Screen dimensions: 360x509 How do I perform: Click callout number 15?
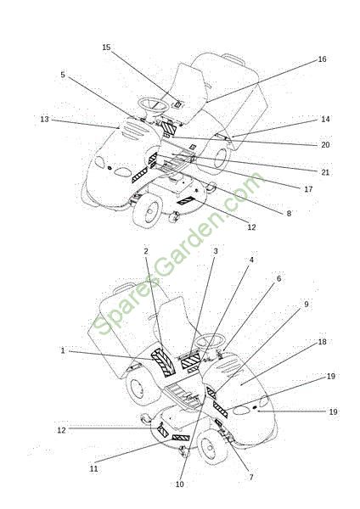coord(106,48)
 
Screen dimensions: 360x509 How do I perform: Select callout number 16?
coord(322,59)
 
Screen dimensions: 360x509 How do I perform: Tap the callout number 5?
coord(63,75)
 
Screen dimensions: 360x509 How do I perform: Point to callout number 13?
coord(44,120)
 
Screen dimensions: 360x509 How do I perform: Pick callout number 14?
coord(325,119)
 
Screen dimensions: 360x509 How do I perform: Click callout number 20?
coord(325,145)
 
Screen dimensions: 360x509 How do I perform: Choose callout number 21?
coord(325,172)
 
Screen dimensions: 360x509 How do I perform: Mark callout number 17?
coord(308,189)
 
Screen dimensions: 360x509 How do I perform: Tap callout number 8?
coord(289,214)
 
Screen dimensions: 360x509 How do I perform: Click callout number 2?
coord(146,251)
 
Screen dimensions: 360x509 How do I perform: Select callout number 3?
coord(215,251)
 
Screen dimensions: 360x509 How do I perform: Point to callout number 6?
coord(278,278)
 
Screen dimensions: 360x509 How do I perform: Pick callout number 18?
coord(322,342)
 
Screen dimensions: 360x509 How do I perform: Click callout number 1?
coord(63,350)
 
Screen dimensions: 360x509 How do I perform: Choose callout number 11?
coord(93,469)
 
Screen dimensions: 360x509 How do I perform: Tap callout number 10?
coord(179,484)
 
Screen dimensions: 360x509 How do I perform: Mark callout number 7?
coord(250,477)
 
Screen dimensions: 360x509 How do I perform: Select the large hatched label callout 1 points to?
coord(163,362)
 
